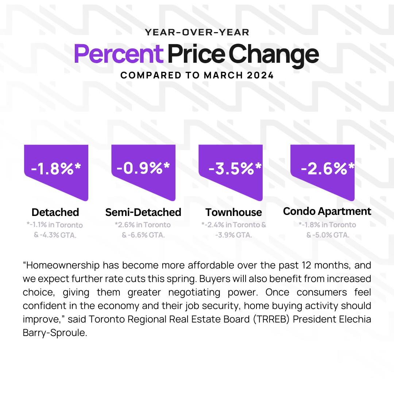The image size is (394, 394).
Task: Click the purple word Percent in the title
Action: [118, 54]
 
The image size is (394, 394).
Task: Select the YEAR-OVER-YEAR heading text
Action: [197, 32]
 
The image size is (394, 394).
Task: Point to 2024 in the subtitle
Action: [260, 76]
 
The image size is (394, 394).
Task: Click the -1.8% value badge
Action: [56, 168]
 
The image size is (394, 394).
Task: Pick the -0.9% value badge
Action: [143, 168]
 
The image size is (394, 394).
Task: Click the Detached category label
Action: [55, 212]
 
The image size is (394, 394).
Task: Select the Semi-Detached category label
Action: [143, 212]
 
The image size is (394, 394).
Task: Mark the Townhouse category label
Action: [233, 212]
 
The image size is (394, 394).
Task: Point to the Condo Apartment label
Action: [327, 211]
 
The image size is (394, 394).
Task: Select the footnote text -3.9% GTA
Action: [233, 235]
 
